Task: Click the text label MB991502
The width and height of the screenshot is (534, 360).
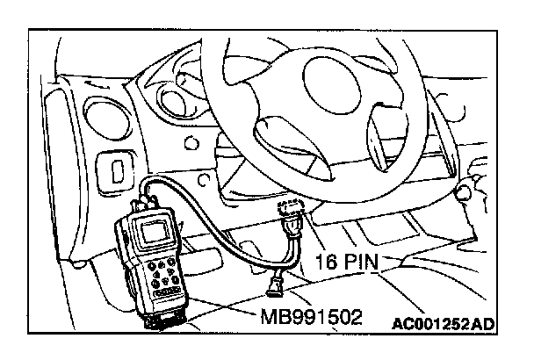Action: click(x=312, y=317)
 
